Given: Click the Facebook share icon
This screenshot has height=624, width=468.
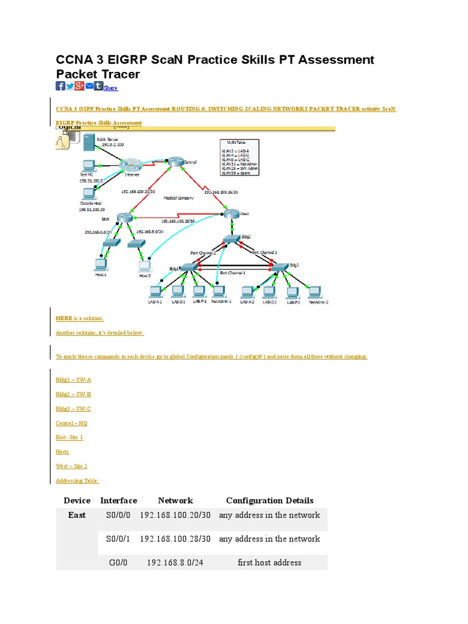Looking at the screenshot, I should click(x=60, y=86).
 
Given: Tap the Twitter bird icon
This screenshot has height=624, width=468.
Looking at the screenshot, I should click(x=70, y=86).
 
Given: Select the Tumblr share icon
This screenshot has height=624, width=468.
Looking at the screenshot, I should click(x=98, y=86).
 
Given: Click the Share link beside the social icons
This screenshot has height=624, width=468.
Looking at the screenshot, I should click(x=110, y=88).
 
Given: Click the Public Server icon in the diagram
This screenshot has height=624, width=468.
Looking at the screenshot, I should click(x=87, y=144).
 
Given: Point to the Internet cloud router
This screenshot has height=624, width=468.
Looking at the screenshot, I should click(x=130, y=165).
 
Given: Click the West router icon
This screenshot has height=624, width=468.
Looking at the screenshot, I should click(x=232, y=213).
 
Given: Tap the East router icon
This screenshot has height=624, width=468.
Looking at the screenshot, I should click(x=126, y=218).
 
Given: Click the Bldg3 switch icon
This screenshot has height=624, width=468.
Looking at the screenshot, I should click(x=278, y=267).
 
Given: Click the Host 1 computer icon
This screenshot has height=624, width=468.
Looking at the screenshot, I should click(x=101, y=264).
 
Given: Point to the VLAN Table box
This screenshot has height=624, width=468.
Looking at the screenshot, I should click(x=239, y=157).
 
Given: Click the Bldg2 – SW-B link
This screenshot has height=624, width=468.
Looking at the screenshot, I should click(x=73, y=394).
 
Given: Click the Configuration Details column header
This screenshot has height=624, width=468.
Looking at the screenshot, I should click(x=269, y=500).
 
